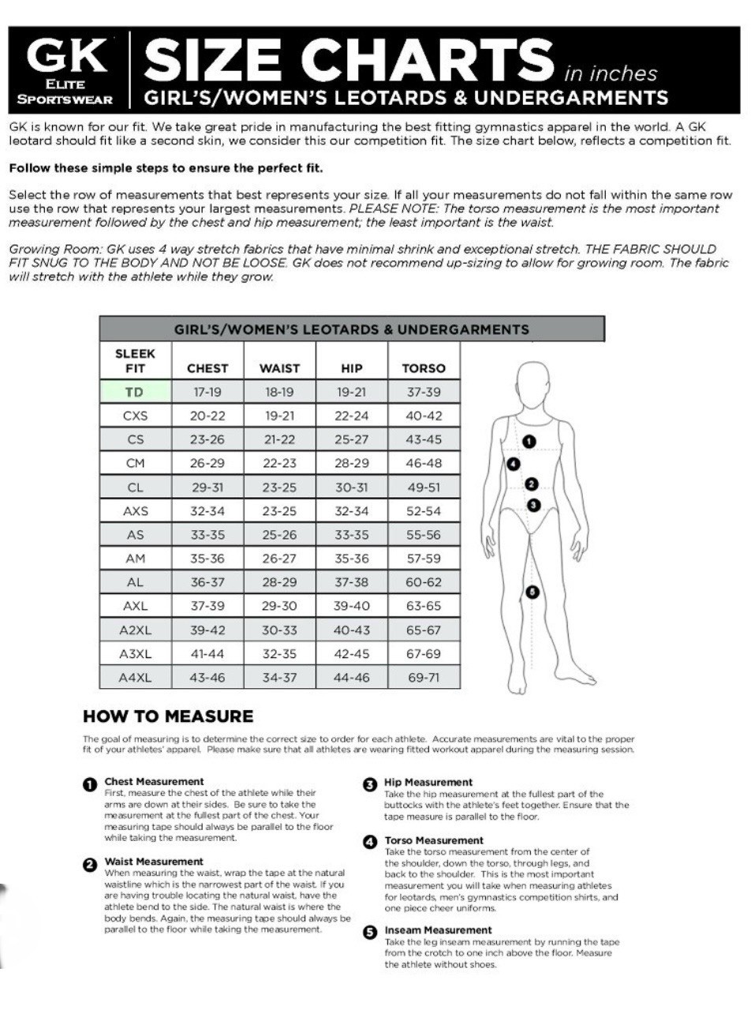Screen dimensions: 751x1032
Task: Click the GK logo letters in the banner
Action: coord(67,55)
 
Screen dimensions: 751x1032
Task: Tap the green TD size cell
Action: coord(135,392)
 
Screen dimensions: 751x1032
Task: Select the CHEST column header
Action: coord(207,368)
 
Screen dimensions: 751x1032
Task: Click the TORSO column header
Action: coord(424,368)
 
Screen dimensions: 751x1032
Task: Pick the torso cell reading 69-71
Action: coord(424,677)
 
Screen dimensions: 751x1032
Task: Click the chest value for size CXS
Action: coord(207,416)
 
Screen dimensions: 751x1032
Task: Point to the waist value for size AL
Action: coord(279,582)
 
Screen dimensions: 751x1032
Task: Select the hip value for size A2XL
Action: coord(352,630)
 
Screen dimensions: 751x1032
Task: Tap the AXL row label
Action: coord(135,606)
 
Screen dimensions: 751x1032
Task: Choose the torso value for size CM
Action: coord(424,463)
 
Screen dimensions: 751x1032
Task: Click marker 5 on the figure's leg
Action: coord(532,592)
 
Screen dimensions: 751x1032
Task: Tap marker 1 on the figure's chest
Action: coord(529,441)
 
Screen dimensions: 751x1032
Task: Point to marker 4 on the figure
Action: coord(514,463)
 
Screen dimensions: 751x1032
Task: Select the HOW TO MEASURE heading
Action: coord(168,716)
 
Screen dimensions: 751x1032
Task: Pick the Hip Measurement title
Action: coord(428,783)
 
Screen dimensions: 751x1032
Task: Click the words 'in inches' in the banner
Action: coord(611,73)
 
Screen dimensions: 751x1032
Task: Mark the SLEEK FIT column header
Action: coord(135,361)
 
